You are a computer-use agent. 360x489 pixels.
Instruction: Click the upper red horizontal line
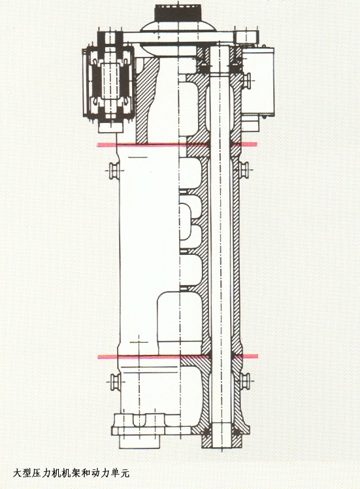pyautogui.click(x=177, y=144)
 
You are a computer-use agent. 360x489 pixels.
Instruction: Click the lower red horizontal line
pyautogui.click(x=178, y=356)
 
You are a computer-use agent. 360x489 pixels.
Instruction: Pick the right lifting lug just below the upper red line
pyautogui.click(x=244, y=170)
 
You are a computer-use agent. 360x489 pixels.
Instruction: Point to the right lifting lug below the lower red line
pyautogui.click(x=245, y=381)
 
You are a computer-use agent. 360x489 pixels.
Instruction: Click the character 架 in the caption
pyautogui.click(x=75, y=473)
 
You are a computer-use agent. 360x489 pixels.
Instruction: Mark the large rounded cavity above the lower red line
pyautogui.click(x=178, y=321)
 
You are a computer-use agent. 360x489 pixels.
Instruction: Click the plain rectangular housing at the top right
pyautogui.click(x=258, y=82)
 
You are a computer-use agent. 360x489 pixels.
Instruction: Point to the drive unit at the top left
pyautogui.click(x=108, y=84)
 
